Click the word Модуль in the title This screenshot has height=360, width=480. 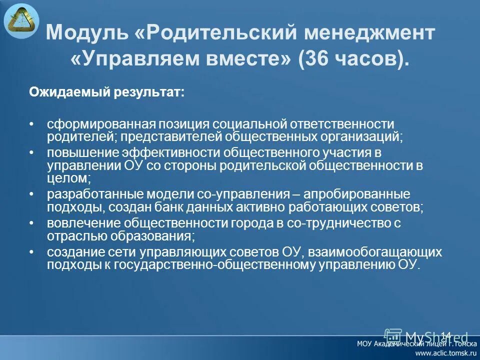click(85, 34)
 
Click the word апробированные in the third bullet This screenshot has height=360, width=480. click(367, 194)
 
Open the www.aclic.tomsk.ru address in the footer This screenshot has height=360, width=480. click(444, 352)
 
